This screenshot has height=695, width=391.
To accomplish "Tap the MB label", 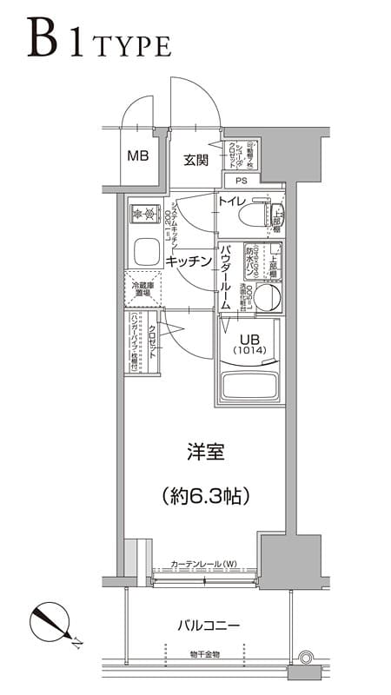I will [138, 156].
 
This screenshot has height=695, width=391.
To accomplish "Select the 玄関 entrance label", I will [195, 160].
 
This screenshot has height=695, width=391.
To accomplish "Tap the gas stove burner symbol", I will [141, 213].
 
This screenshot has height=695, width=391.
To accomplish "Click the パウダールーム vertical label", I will [225, 277].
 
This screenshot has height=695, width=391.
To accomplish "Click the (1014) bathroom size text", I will [252, 351].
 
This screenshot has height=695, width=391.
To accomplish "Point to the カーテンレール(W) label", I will [203, 564].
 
